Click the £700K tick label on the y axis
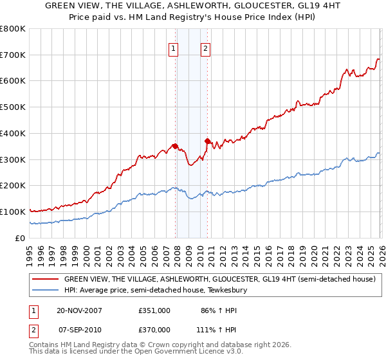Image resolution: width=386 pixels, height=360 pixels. tap(13, 55)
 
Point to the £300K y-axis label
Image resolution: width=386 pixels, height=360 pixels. tap(13, 159)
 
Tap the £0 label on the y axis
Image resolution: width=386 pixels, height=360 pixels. tap(21, 238)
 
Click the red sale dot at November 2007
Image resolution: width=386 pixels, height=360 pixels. tap(175, 146)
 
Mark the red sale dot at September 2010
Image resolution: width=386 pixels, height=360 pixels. tap(207, 141)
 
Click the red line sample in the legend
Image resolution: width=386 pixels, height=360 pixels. tap(45, 280)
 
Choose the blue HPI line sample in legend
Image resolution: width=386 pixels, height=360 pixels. tap(45, 291)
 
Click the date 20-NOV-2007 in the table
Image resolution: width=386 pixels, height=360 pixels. tap(78, 310)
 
